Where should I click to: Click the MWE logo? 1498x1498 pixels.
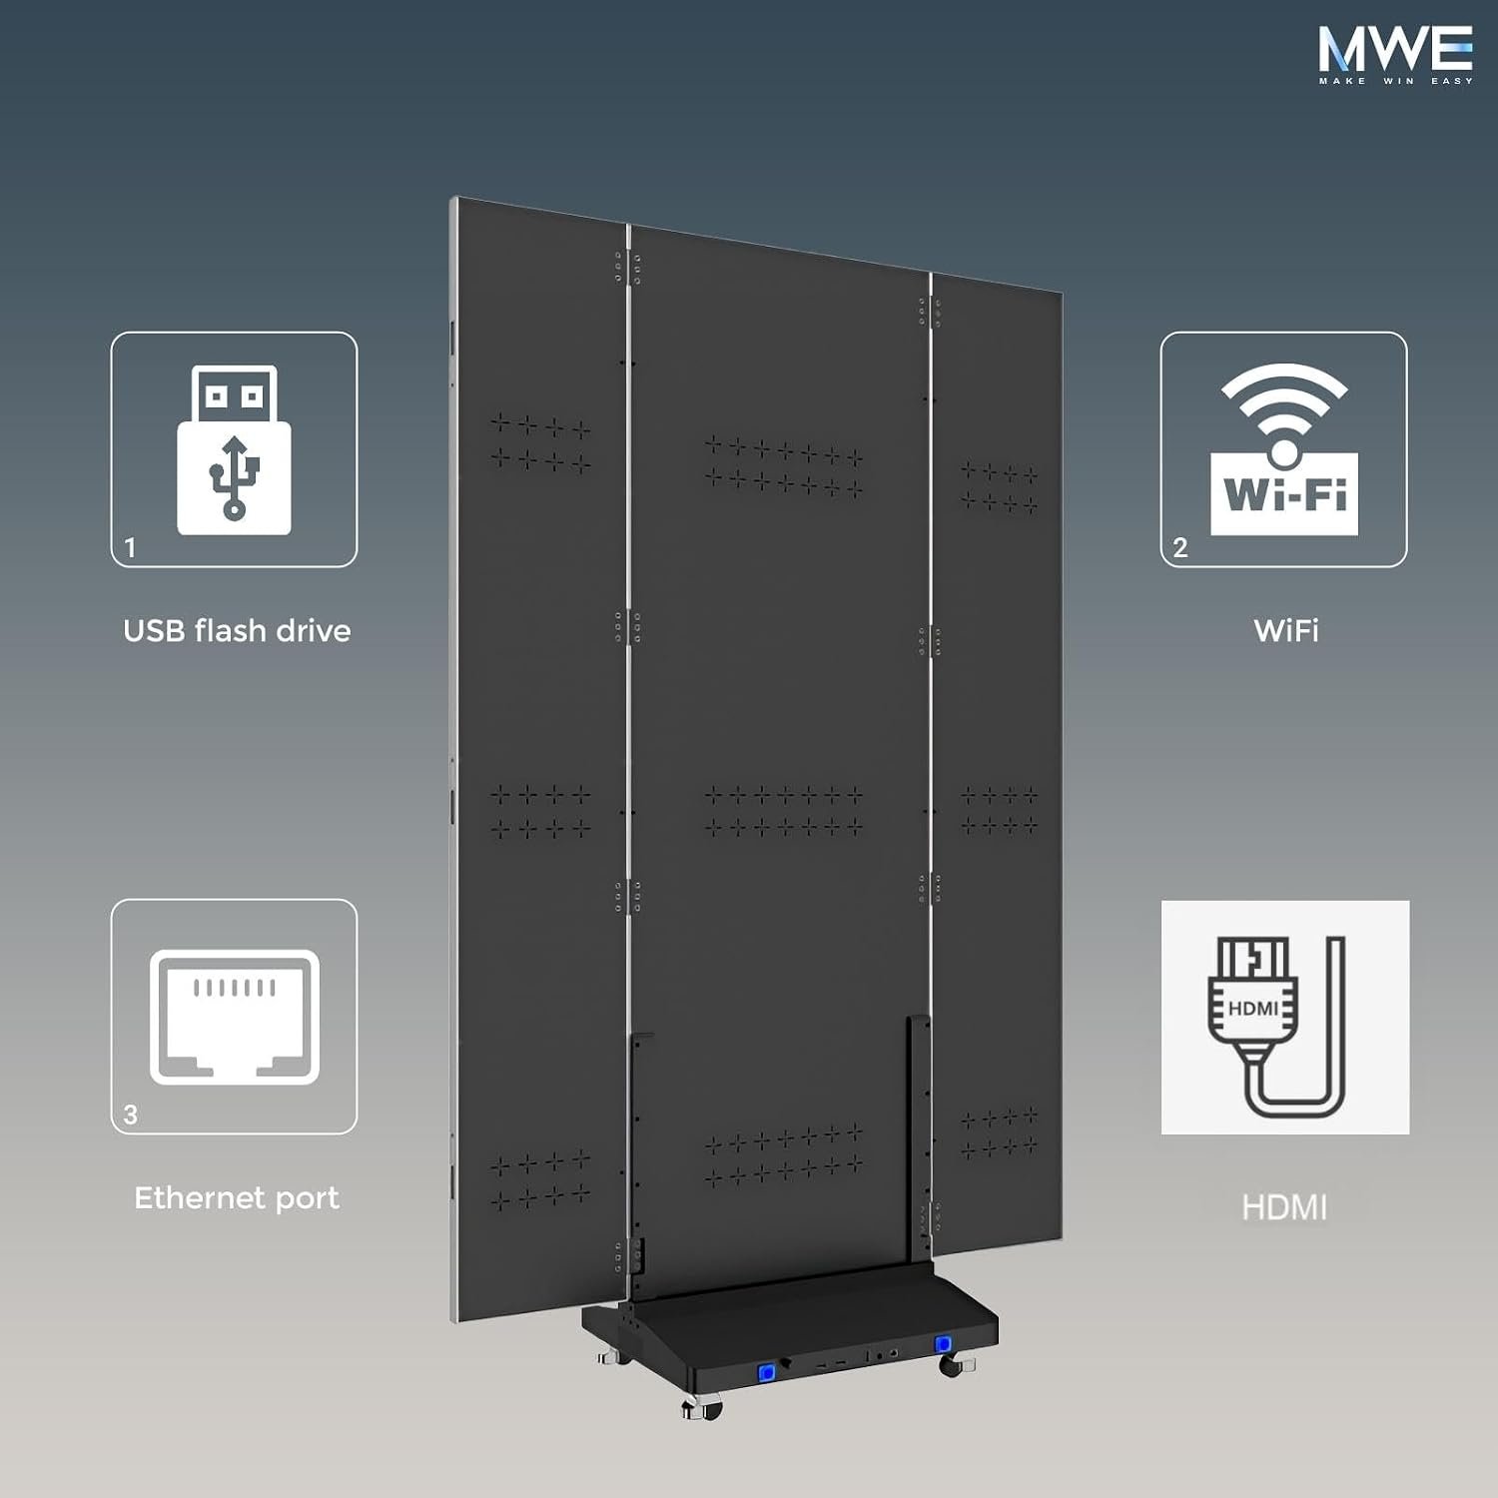[x=1395, y=56]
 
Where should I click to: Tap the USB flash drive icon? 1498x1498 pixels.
[x=234, y=449]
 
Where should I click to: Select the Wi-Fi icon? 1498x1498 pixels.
[x=1284, y=449]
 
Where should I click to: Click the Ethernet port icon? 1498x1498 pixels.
[x=235, y=1017]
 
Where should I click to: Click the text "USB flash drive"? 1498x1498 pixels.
[x=237, y=631]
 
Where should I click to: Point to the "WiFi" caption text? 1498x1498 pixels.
[x=1286, y=631]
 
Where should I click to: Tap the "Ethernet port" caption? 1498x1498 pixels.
[x=237, y=1198]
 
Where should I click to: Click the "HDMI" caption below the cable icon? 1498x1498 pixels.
[x=1284, y=1208]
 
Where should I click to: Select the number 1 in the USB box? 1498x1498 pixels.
[x=130, y=547]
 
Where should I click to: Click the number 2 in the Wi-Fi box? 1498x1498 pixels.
[x=1180, y=547]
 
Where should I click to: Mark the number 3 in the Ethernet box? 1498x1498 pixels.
[x=130, y=1115]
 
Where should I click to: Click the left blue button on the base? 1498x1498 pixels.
[x=766, y=1372]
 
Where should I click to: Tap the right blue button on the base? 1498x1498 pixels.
[x=943, y=1344]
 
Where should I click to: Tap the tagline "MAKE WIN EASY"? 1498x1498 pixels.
[x=1395, y=81]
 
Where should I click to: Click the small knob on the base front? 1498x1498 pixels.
[x=786, y=1362]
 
